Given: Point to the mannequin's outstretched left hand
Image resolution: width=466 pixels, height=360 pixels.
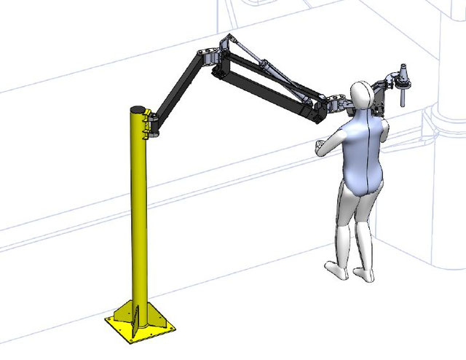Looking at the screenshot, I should (x=320, y=146).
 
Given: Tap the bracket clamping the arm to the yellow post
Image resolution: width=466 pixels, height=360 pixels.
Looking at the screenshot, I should (x=152, y=124).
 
